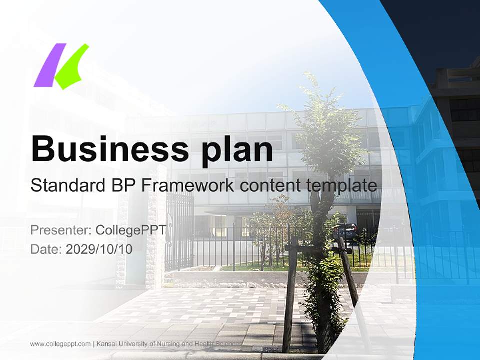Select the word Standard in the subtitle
click(65, 185)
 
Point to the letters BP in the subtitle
click(121, 185)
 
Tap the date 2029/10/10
click(99, 249)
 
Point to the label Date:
click(46, 249)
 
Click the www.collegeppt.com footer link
click(60, 344)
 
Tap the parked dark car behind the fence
click(344, 231)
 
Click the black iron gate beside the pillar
click(179, 230)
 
